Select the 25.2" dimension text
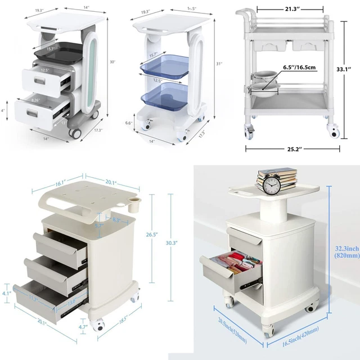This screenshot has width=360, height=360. pyautogui.click(x=293, y=149)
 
